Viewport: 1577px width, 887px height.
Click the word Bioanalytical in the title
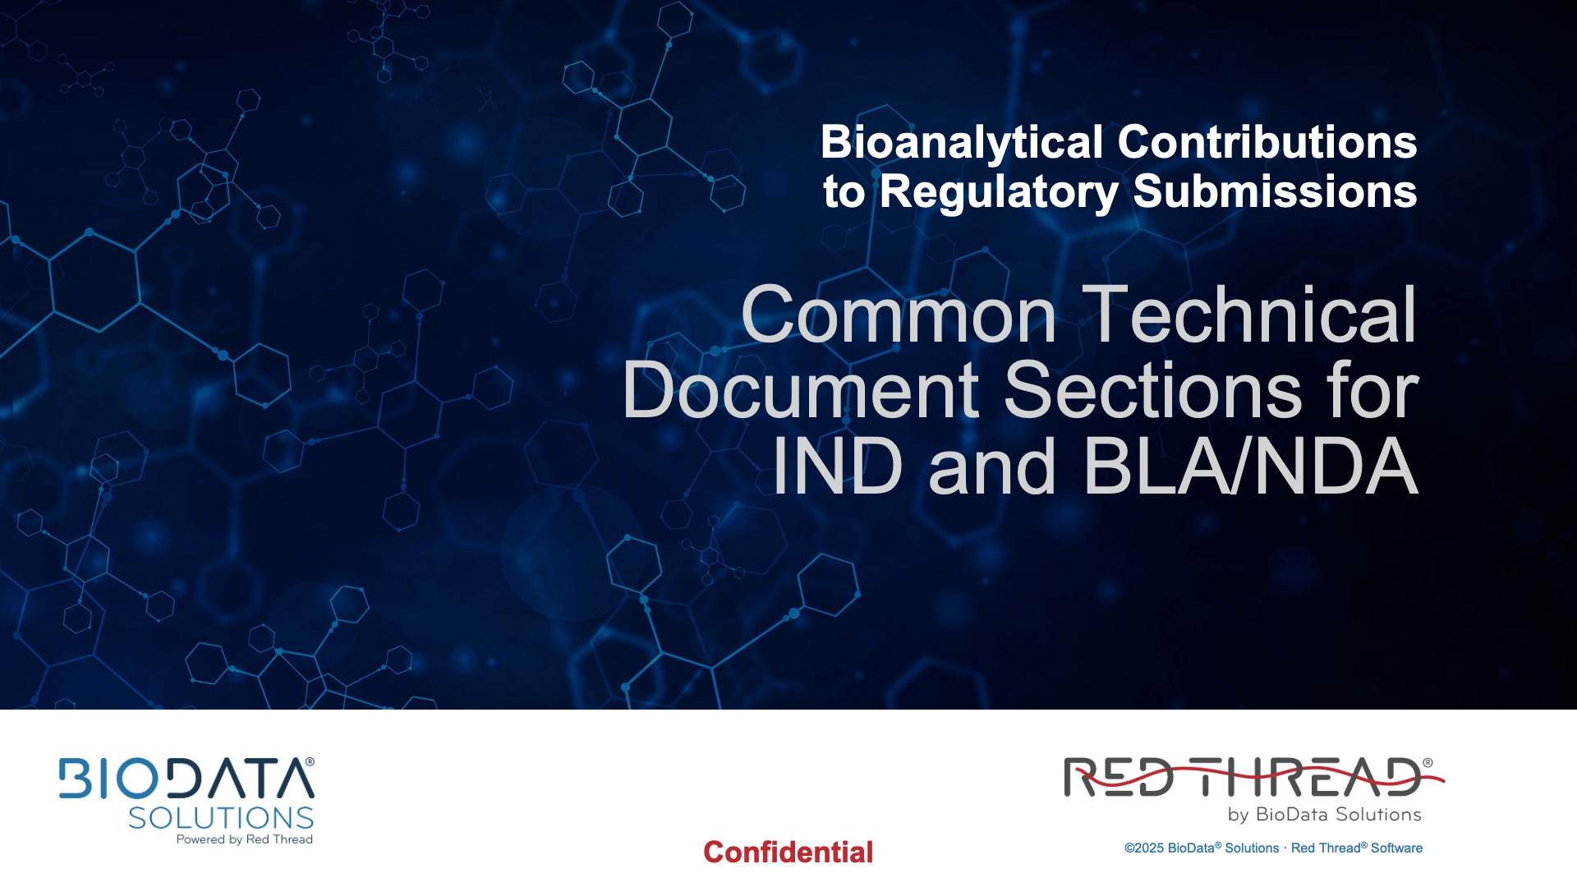pyautogui.click(x=962, y=142)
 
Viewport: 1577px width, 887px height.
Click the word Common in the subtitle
pyautogui.click(x=899, y=315)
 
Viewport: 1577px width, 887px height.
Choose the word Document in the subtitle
pyautogui.click(x=801, y=391)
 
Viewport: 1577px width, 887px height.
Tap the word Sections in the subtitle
pyautogui.click(x=1153, y=391)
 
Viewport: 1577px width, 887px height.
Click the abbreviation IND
pyautogui.click(x=838, y=466)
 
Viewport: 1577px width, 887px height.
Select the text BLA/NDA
pyautogui.click(x=1251, y=466)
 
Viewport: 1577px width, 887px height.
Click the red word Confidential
pyautogui.click(x=788, y=853)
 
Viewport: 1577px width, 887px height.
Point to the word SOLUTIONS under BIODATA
pyautogui.click(x=221, y=818)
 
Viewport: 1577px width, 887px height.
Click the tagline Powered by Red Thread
pyautogui.click(x=244, y=839)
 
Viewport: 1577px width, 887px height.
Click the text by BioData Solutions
pyautogui.click(x=1324, y=815)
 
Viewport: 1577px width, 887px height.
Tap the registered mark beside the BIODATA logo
pyautogui.click(x=310, y=762)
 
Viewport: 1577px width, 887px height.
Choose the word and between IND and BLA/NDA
pyautogui.click(x=991, y=466)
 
